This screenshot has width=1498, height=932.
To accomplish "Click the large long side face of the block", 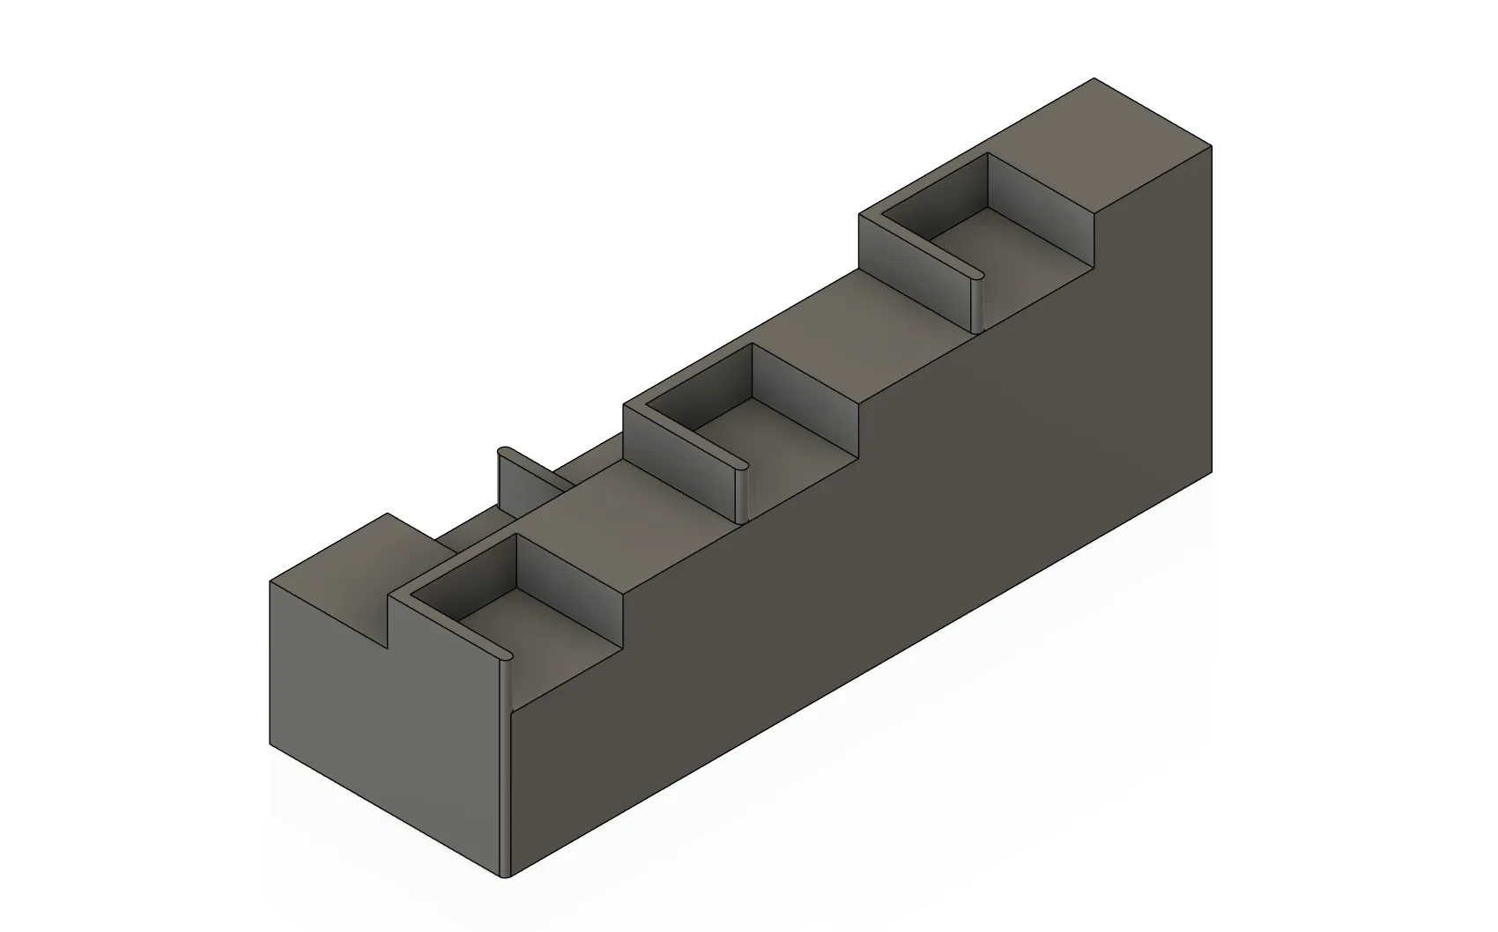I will point(881,573).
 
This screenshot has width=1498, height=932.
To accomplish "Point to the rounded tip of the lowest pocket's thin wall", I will point(506,655).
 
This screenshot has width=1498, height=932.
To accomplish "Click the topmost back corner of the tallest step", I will point(1094,78).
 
